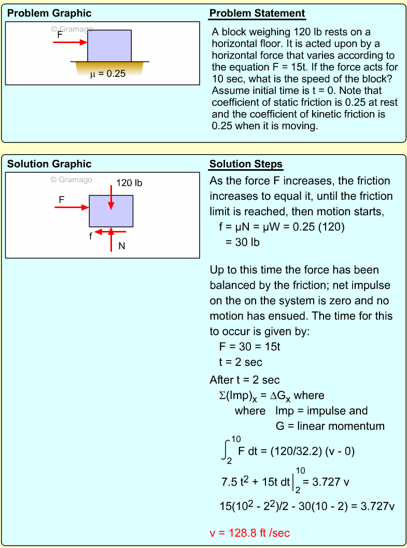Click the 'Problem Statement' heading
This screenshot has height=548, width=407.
coord(257,13)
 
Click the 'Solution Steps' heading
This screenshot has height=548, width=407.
coord(246,165)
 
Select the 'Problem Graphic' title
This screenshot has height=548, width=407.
coord(49,13)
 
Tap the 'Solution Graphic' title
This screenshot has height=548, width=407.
coord(49,164)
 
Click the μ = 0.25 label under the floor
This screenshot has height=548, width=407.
coord(108,74)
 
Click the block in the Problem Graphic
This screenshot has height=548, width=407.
coord(109,46)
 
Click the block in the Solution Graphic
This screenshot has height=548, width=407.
coord(111,211)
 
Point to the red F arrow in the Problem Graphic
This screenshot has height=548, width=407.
coord(70,42)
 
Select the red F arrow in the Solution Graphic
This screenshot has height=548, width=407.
coord(72,208)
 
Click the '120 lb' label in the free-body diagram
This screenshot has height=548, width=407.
coord(129,183)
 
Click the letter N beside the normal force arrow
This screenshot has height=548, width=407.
coord(122,246)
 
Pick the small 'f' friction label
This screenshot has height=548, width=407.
coord(91,236)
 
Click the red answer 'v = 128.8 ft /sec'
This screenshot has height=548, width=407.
coord(253,533)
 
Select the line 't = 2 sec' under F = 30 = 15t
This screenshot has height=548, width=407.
coord(241,362)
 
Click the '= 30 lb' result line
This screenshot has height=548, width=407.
coord(242,242)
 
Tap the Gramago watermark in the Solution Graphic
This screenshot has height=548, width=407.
coord(71,180)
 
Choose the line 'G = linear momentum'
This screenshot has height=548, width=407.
coord(330,426)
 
